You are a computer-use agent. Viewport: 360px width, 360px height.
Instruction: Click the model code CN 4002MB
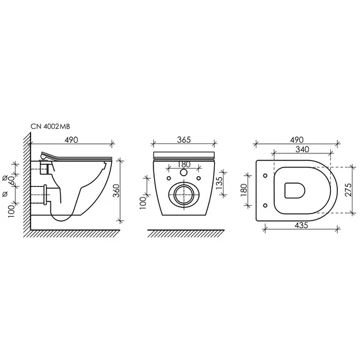click(x=50, y=126)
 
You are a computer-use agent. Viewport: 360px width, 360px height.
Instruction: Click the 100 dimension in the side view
click(x=11, y=207)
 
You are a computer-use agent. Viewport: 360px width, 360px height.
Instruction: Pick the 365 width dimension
click(x=184, y=140)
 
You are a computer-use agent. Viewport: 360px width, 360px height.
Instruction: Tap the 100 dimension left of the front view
click(x=143, y=204)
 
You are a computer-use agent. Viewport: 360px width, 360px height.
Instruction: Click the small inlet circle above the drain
click(x=184, y=172)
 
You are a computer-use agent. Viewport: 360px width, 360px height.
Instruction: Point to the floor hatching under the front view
click(x=184, y=234)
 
